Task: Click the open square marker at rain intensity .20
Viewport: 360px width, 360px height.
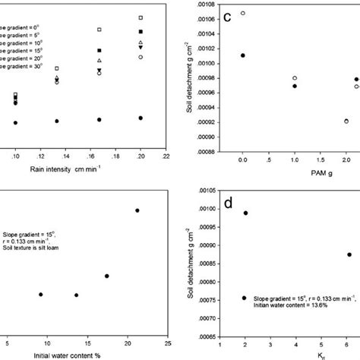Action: [x=141, y=17]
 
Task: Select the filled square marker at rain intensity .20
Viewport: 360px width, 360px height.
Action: [x=141, y=31]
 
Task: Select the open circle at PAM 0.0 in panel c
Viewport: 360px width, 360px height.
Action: [x=243, y=13]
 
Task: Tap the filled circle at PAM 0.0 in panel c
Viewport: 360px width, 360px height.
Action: [x=243, y=55]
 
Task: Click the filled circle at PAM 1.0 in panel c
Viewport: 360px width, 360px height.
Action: [x=295, y=87]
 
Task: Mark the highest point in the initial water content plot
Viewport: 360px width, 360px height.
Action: [x=137, y=210]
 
